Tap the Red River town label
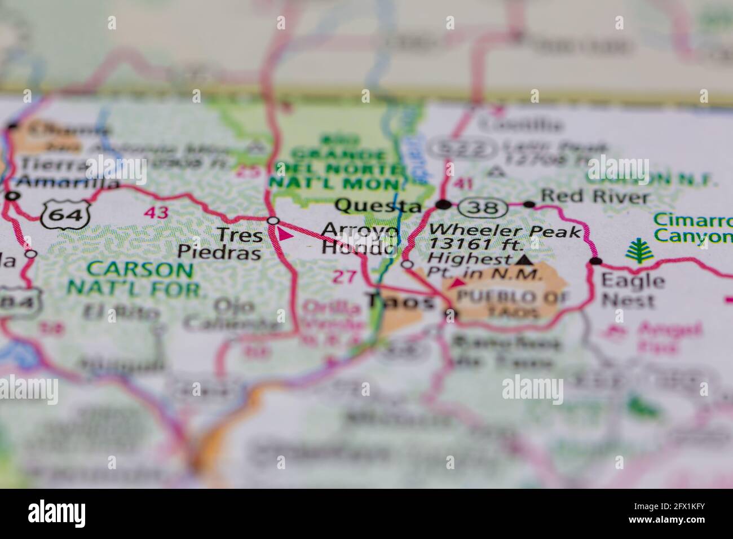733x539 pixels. pyautogui.click(x=594, y=197)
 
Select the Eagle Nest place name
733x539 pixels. pyautogui.click(x=632, y=290)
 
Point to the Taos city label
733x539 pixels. pyautogui.click(x=400, y=302)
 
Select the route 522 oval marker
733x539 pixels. pyautogui.click(x=463, y=149)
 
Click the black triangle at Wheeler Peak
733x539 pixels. pyautogui.click(x=524, y=260)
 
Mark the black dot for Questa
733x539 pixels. pyautogui.click(x=445, y=204)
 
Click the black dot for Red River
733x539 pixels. pyautogui.click(x=529, y=204)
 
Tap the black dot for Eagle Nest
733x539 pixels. pyautogui.click(x=595, y=261)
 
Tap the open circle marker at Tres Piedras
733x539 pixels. pyautogui.click(x=273, y=220)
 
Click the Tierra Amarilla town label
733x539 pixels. pyautogui.click(x=62, y=174)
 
